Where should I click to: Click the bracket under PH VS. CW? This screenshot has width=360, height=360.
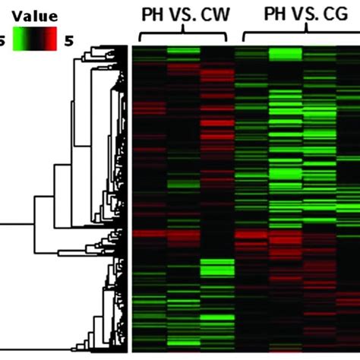coord(184,35)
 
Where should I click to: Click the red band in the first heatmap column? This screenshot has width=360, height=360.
coord(150,234)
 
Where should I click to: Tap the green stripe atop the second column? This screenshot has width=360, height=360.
coord(183,52)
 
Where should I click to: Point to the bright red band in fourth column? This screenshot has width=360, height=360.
coord(251,239)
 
